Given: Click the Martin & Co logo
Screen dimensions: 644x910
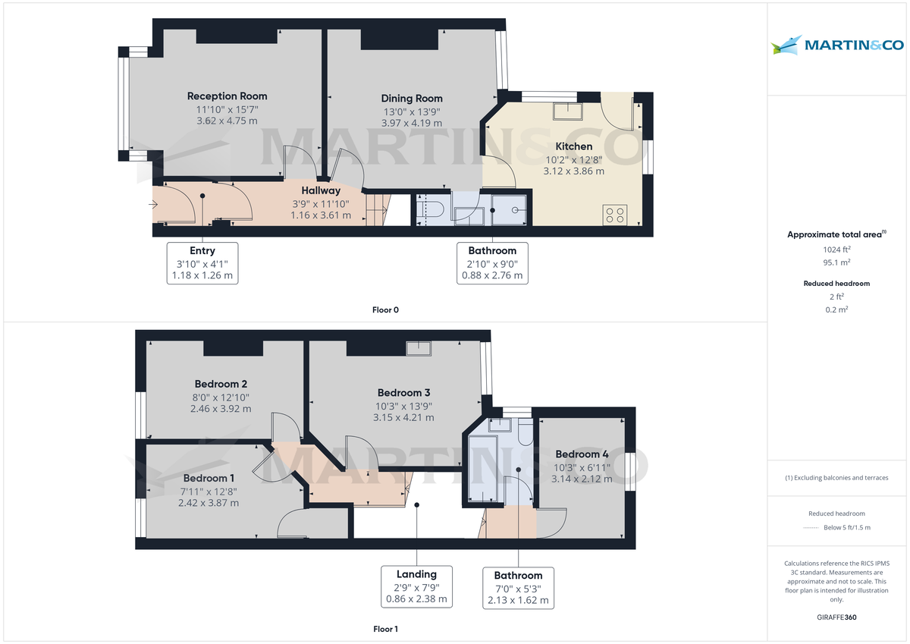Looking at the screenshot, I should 836,46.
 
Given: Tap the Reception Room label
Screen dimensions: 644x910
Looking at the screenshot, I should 227,96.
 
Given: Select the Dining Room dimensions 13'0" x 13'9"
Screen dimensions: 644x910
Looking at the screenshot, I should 411,112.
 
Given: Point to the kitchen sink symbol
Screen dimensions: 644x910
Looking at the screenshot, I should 567,112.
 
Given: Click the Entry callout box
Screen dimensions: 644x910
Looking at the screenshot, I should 202,263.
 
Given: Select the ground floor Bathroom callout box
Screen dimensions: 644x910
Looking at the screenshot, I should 492,263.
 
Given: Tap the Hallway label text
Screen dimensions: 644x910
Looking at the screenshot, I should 321,190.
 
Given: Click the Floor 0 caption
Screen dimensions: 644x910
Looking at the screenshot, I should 385,309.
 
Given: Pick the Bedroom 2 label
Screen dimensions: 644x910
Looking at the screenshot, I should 221,384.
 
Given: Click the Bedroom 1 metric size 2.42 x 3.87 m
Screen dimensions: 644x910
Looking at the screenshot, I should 209,503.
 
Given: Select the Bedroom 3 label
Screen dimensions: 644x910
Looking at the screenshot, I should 404,393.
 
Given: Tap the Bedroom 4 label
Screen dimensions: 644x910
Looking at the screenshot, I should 581,454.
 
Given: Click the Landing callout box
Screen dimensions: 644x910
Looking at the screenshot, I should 416,586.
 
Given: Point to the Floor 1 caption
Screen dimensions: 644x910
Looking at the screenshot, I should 385,629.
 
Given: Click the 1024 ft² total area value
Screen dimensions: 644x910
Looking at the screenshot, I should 836,250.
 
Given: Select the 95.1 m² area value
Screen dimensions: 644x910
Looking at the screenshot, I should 836,262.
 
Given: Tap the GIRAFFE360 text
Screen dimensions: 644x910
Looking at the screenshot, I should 836,617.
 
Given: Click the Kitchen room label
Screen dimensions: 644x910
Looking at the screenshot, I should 574,146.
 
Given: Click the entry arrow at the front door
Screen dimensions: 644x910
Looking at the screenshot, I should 155,205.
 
